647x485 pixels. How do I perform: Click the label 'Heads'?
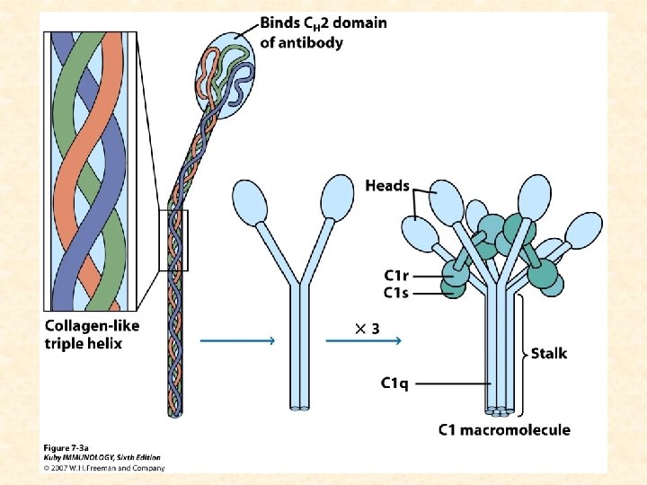(x=387, y=186)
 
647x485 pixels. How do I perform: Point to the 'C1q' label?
(x=394, y=384)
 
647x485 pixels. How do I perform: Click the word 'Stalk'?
(x=548, y=353)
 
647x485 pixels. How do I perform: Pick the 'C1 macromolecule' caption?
(x=503, y=429)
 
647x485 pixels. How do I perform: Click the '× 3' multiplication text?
(x=366, y=329)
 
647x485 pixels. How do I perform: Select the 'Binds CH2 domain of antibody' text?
(x=323, y=32)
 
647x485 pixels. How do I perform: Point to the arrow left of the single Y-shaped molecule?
(x=236, y=341)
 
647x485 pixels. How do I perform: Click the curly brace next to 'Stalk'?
(x=523, y=352)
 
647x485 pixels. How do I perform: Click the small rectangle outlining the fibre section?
(x=174, y=240)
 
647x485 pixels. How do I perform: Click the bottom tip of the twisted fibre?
(x=174, y=412)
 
